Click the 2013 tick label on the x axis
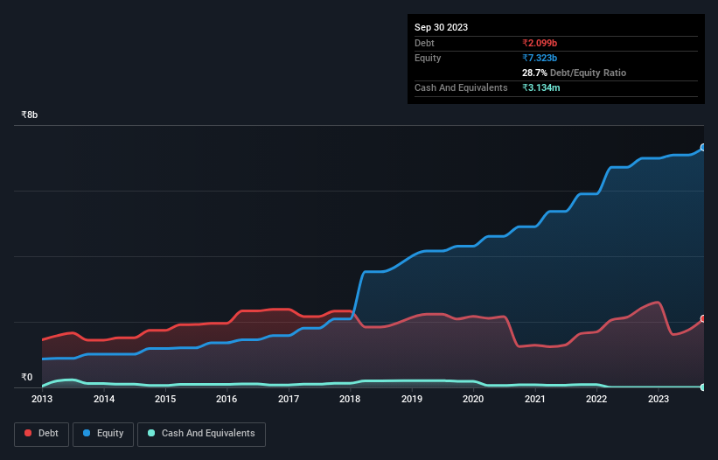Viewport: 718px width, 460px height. pyautogui.click(x=42, y=399)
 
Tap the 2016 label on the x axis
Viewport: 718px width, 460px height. pyautogui.click(x=227, y=399)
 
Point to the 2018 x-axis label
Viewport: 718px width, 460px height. pyautogui.click(x=350, y=399)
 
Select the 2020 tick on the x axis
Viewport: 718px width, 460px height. pyautogui.click(x=472, y=399)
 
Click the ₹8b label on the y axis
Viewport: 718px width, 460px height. pyautogui.click(x=30, y=115)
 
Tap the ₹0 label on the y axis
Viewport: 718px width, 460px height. pyautogui.click(x=26, y=378)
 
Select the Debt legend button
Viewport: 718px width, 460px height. pyautogui.click(x=43, y=433)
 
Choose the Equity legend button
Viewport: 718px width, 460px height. pyautogui.click(x=103, y=433)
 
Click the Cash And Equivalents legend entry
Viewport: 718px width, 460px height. pyautogui.click(x=201, y=433)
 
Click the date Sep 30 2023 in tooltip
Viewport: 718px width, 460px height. pyautogui.click(x=441, y=27)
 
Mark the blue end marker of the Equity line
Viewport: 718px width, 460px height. pyautogui.click(x=703, y=148)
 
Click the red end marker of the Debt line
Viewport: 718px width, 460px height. pyautogui.click(x=703, y=319)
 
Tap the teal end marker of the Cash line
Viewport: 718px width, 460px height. pyautogui.click(x=703, y=387)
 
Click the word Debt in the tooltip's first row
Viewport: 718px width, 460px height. pyautogui.click(x=424, y=43)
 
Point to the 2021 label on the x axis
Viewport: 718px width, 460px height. pyautogui.click(x=534, y=399)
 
